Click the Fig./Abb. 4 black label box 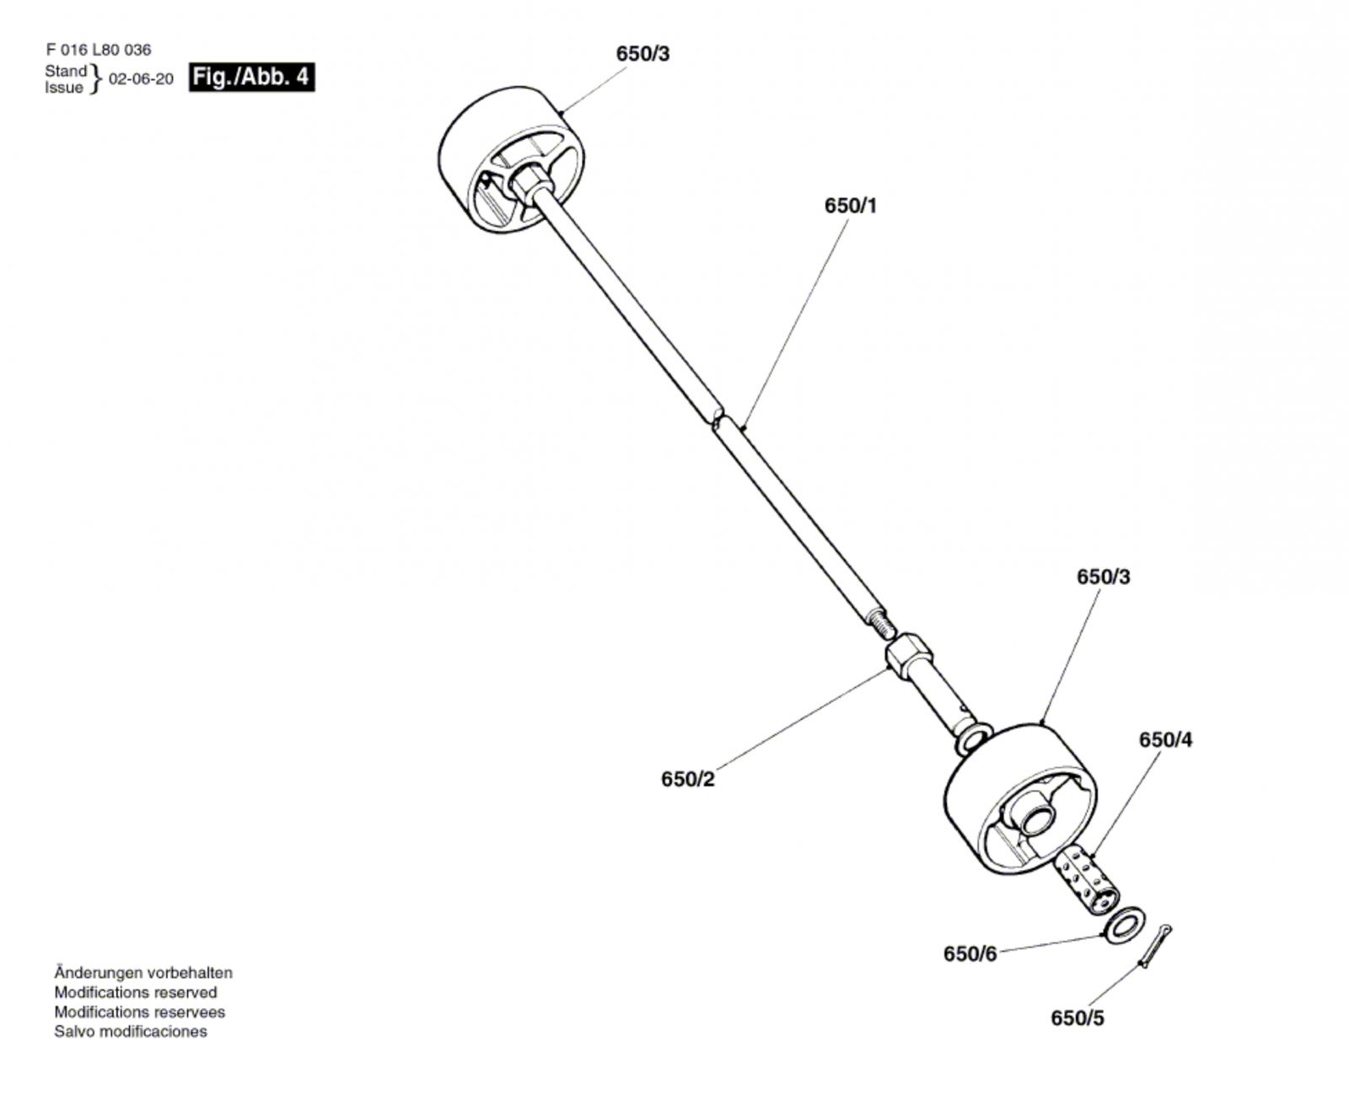pos(251,78)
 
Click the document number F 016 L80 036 pos(98,50)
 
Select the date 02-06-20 pos(142,79)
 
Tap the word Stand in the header pos(65,71)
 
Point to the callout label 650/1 pos(851,206)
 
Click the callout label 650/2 pos(688,779)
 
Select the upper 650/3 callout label pos(642,54)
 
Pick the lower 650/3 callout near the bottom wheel pos(1104,577)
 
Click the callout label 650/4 pos(1166,739)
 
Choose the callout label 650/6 pos(970,954)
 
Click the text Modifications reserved pos(136,992)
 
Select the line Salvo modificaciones pos(131,1031)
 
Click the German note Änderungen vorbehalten pos(144,973)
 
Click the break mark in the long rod pos(717,419)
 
